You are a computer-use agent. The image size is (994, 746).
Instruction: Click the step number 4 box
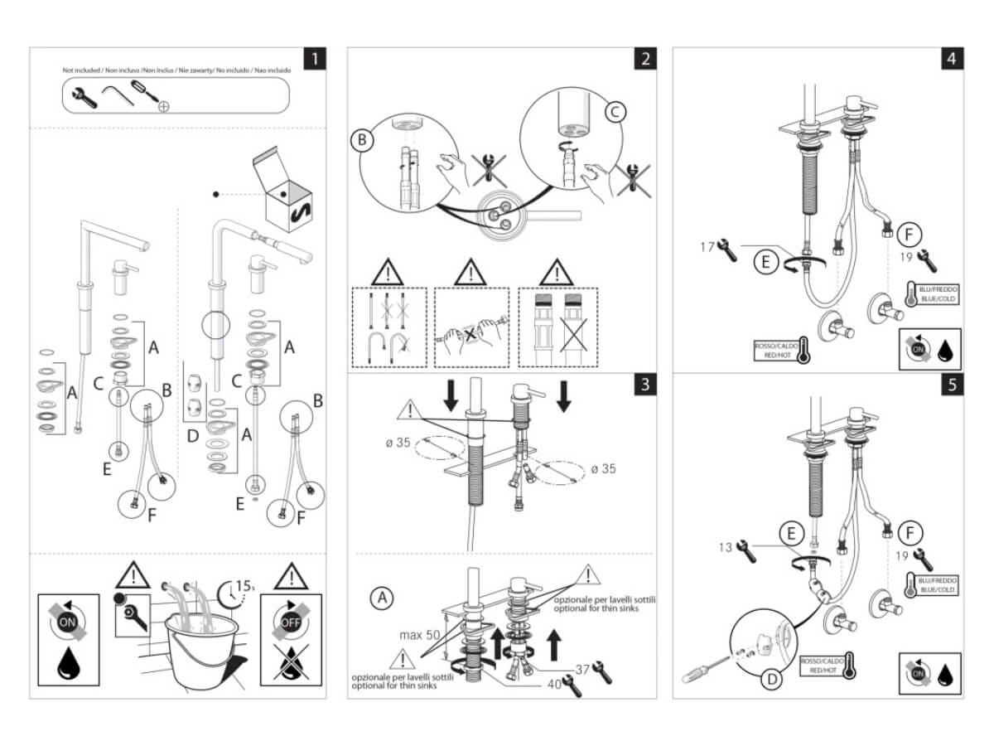(952, 59)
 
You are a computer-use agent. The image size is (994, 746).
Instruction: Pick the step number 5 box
(952, 385)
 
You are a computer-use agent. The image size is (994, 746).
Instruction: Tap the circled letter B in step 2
(362, 140)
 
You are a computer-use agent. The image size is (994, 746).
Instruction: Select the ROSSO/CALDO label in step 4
(776, 349)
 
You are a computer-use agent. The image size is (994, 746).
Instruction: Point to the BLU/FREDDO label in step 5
(938, 582)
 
